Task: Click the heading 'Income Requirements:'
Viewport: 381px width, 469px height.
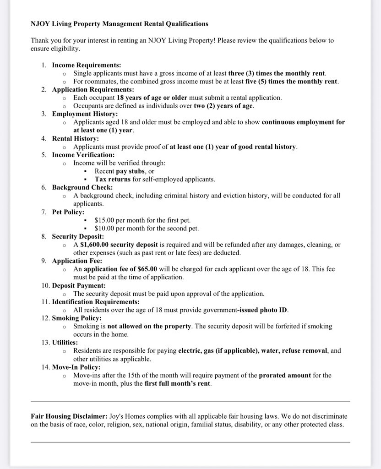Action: (86, 65)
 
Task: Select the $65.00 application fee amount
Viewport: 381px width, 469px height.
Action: (147, 269)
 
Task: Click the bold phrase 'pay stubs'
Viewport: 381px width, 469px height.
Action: (131, 171)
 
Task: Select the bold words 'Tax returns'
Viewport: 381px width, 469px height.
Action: (113, 179)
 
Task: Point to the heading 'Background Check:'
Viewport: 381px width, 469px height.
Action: (82, 187)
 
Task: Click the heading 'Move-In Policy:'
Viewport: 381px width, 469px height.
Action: (76, 367)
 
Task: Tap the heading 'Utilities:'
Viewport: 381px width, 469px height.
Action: (65, 342)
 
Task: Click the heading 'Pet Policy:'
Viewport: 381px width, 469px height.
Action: (68, 212)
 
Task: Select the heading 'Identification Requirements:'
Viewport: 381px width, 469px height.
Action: (96, 302)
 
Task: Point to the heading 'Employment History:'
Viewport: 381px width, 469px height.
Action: (85, 114)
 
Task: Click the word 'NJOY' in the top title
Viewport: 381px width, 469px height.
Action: (41, 23)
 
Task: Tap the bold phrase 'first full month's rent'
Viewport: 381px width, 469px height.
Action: (178, 383)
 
